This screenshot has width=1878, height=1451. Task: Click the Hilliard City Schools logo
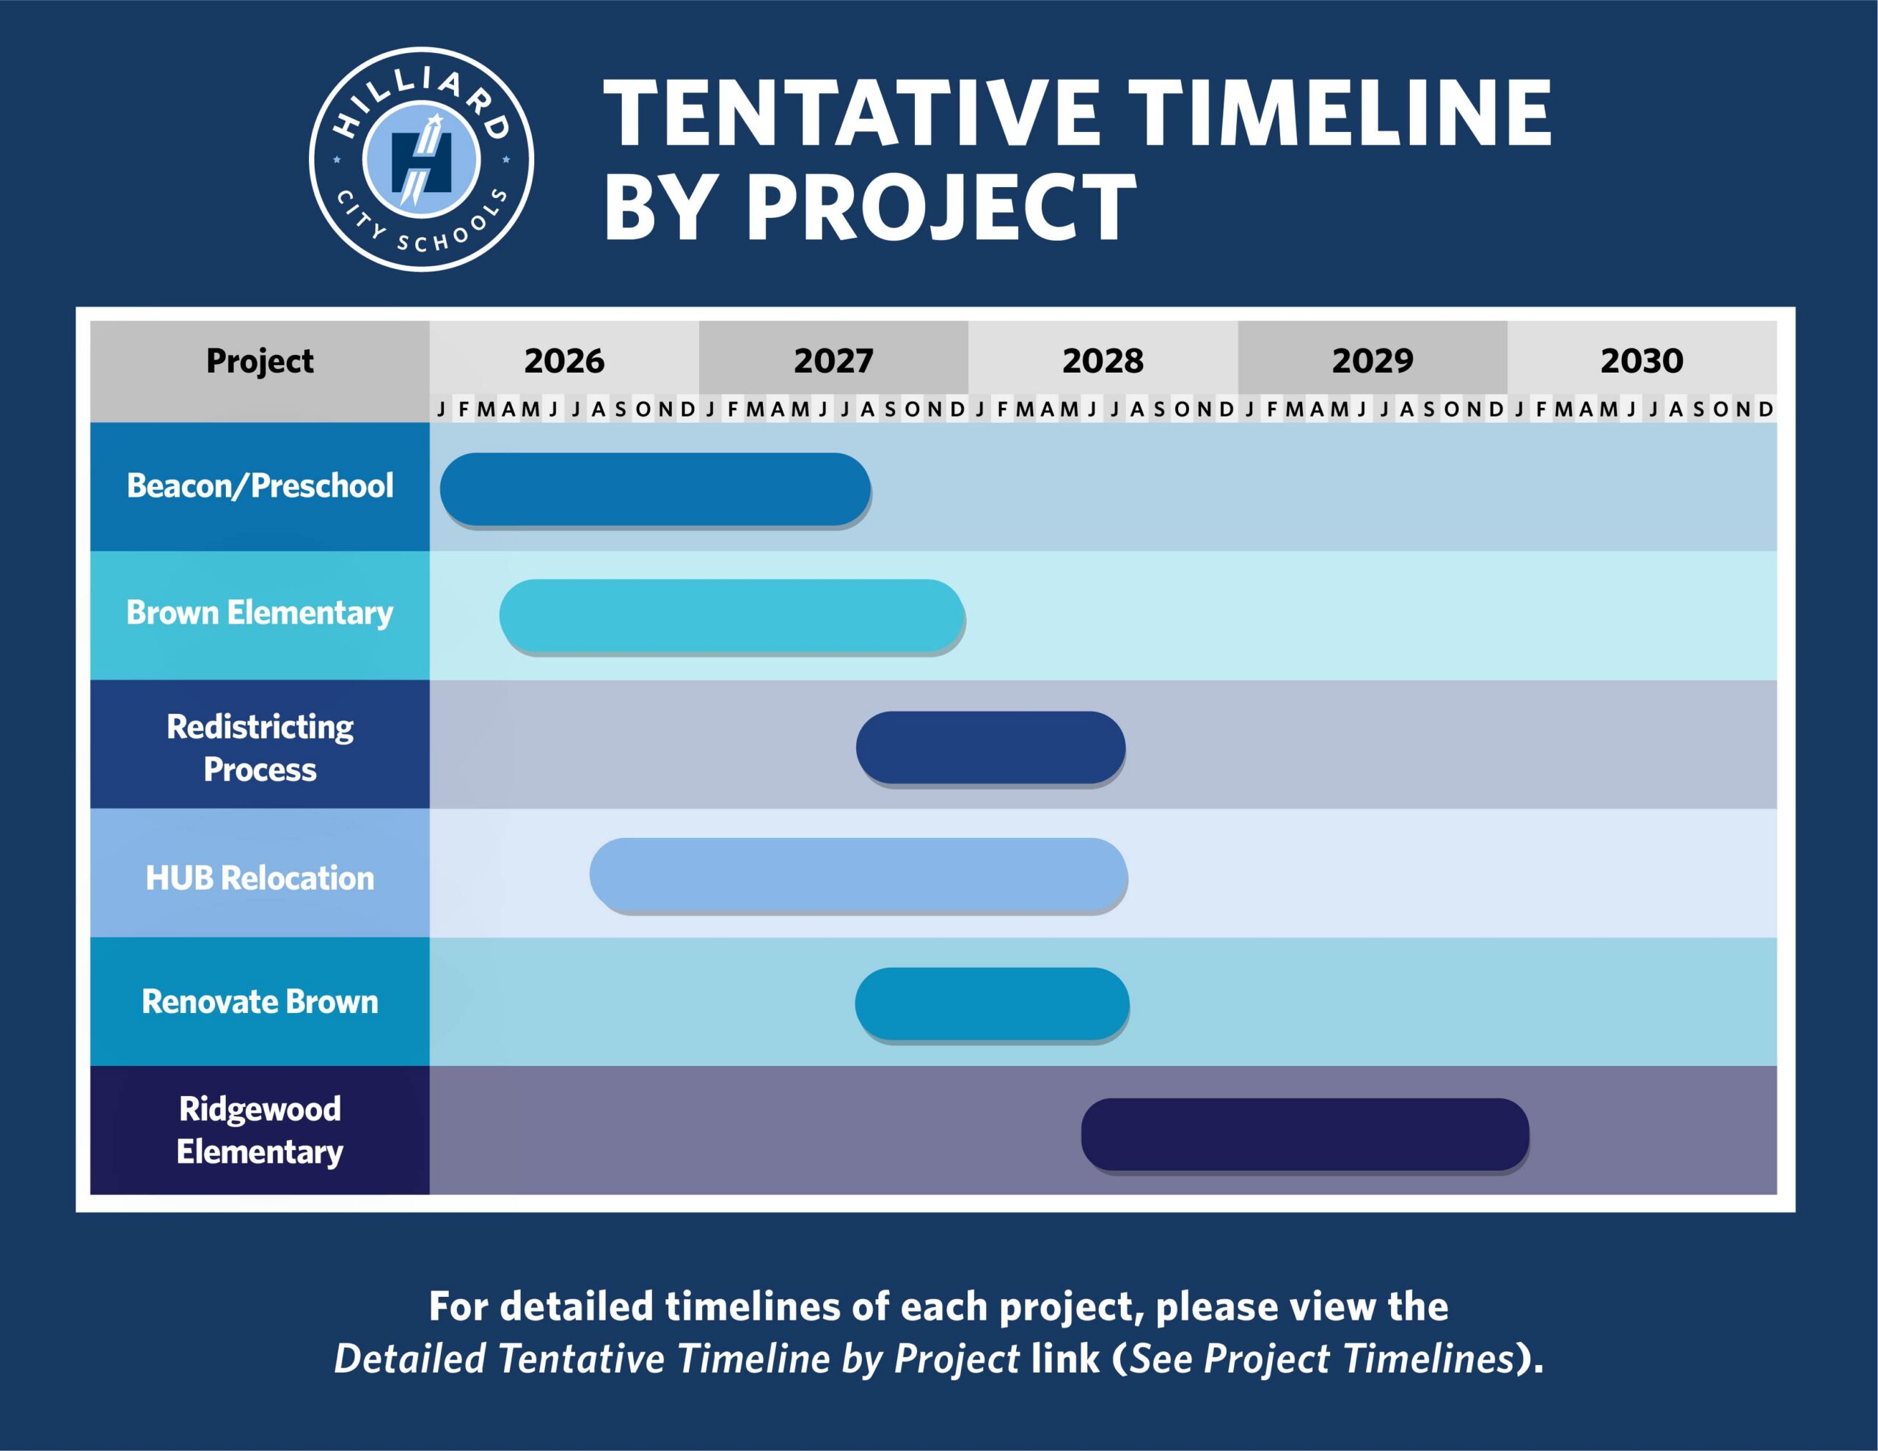tap(421, 159)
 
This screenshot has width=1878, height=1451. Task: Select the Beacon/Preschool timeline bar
tap(655, 489)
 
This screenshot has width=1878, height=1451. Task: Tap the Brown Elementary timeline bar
tap(732, 616)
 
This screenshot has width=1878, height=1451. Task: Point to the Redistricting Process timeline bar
tap(990, 748)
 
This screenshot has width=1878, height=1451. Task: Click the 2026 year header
tap(564, 360)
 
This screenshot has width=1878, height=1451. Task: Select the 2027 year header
tap(833, 360)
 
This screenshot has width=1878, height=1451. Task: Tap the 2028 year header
tap(1103, 360)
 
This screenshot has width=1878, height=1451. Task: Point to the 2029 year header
tap(1373, 360)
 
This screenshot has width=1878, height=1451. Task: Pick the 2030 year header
tap(1642, 360)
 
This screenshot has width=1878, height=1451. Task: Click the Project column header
tap(260, 361)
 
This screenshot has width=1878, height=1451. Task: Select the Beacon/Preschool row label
tap(260, 486)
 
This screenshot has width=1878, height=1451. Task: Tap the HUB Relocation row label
tap(260, 878)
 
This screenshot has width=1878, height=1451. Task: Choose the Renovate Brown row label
tap(260, 1001)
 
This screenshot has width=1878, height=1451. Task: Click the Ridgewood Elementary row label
tap(260, 1130)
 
